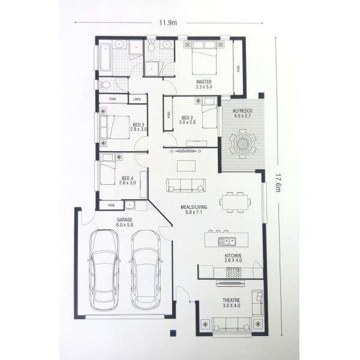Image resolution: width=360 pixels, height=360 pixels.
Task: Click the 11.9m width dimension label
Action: [x=167, y=23]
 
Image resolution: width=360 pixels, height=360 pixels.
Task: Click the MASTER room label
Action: [x=204, y=81]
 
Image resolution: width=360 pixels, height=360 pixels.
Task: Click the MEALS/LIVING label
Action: [x=193, y=209]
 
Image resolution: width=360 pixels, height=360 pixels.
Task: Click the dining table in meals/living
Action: [x=234, y=202]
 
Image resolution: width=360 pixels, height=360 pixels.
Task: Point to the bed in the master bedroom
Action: [x=205, y=58]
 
